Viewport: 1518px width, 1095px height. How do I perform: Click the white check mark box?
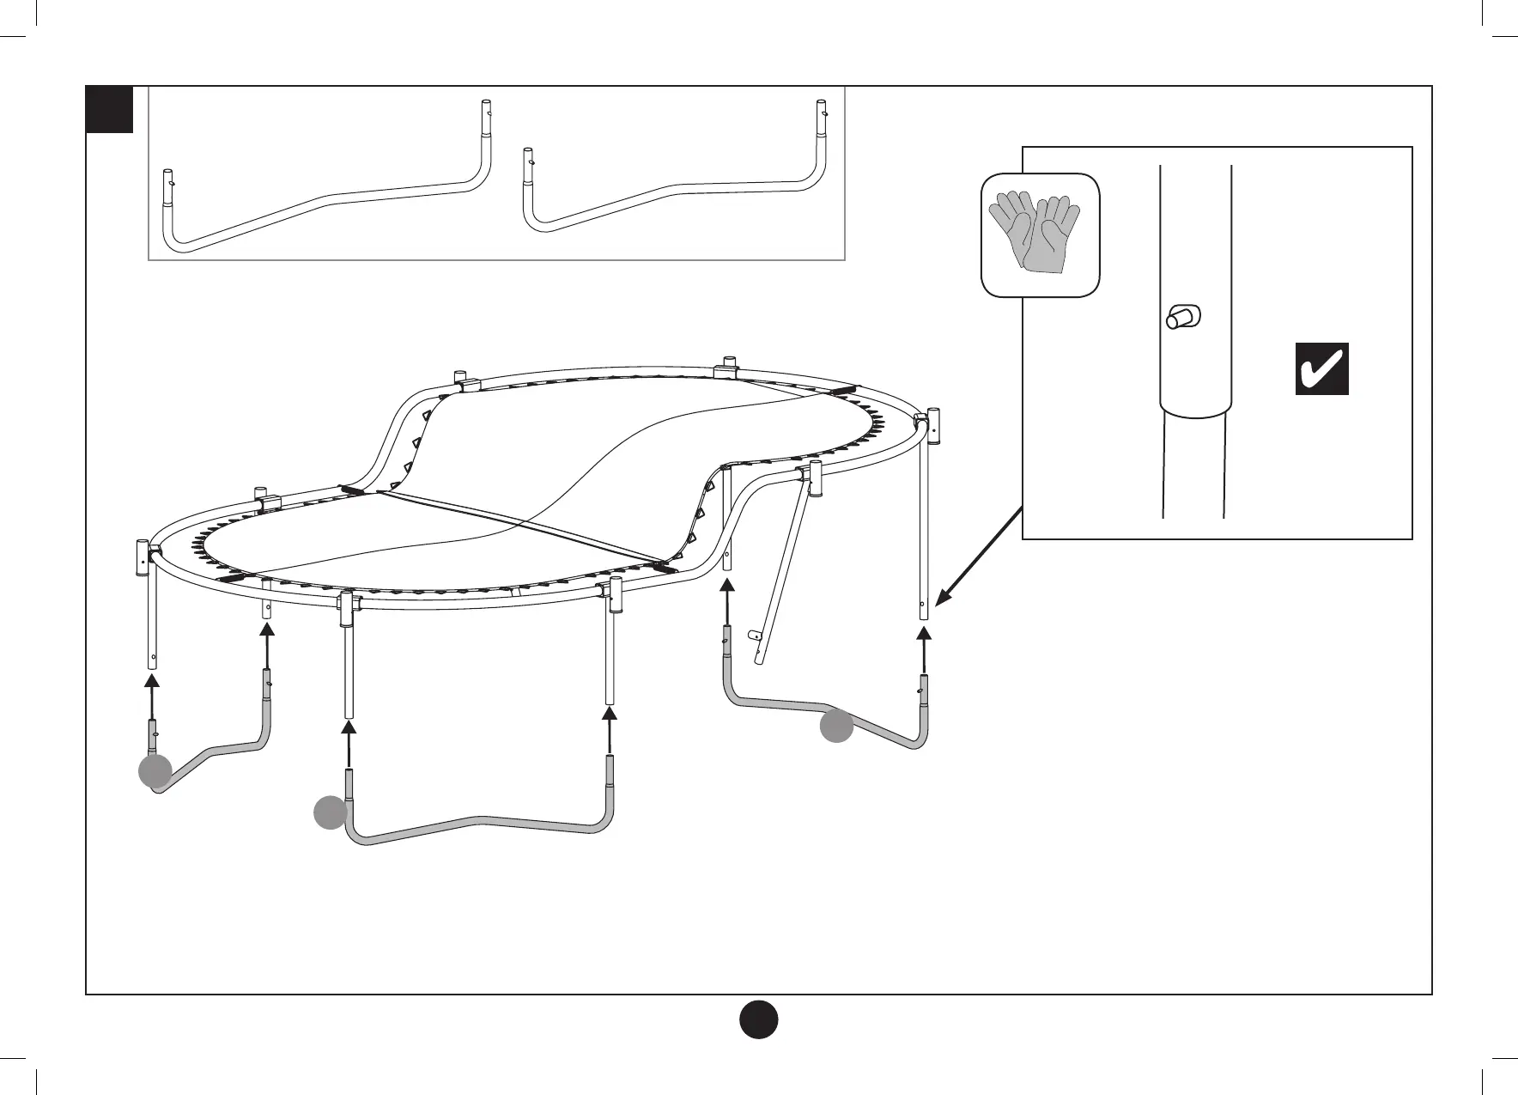pyautogui.click(x=1321, y=368)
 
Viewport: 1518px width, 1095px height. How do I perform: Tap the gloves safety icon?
pyautogui.click(x=1040, y=234)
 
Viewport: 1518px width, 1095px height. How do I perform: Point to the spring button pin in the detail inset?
pyautogui.click(x=1181, y=318)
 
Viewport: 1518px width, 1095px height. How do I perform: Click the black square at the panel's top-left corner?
pyautogui.click(x=110, y=109)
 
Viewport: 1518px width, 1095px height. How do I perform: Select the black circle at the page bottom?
pyautogui.click(x=759, y=1019)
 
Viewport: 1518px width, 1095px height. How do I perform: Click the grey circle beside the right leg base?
pyautogui.click(x=835, y=727)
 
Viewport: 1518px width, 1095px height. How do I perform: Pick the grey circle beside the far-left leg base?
pyautogui.click(x=155, y=772)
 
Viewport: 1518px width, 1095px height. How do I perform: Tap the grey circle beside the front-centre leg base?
pyautogui.click(x=330, y=812)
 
